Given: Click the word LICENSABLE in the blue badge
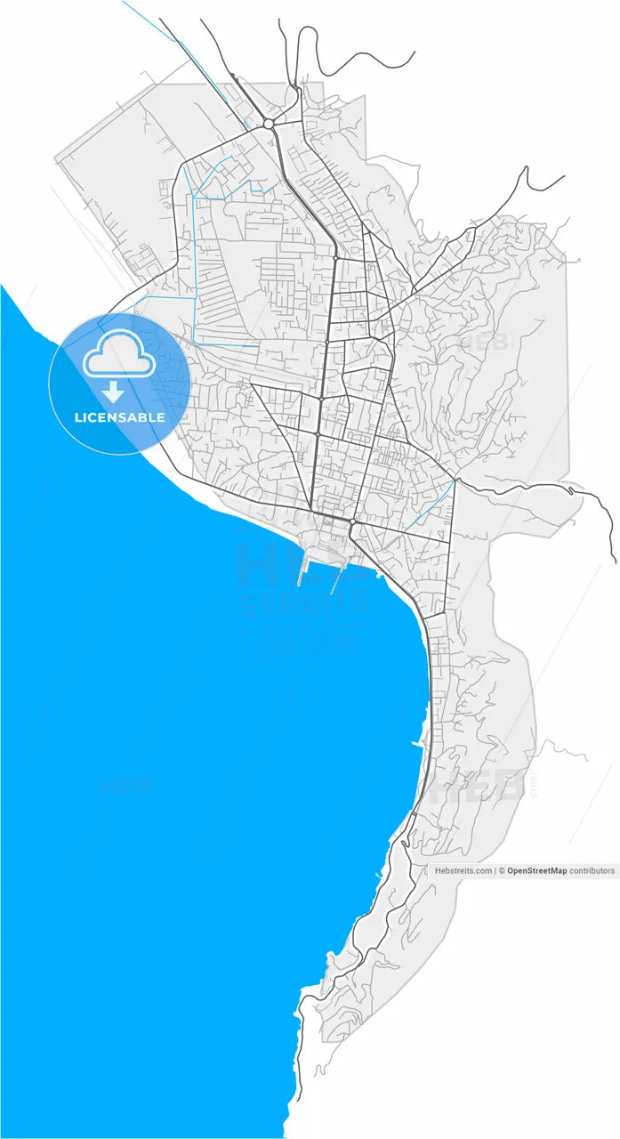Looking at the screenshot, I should (119, 417).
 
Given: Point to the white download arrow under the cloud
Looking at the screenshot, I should (114, 392).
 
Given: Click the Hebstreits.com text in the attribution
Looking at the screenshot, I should (463, 871).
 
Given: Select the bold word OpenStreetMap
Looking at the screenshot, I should (536, 871).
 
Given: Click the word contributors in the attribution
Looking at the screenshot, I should (592, 871).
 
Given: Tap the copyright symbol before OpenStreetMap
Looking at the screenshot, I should (502, 871).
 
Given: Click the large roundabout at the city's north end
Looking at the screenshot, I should (268, 124).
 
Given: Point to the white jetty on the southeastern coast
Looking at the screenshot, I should (416, 742).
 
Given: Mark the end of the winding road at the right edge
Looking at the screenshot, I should (615, 560).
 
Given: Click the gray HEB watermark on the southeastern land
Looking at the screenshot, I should (485, 786).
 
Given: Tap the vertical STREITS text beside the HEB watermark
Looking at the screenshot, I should (534, 784).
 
